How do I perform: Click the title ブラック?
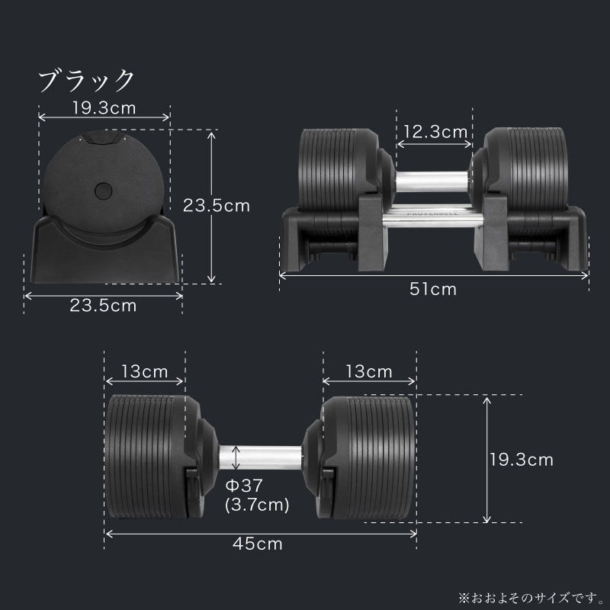pos(86,79)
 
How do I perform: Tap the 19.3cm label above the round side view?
pos(104,108)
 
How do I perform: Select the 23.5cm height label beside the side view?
pos(216,205)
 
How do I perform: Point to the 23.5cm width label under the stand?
pos(103,306)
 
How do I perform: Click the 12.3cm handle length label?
pos(435,132)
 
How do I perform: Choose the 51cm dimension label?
pos(434,289)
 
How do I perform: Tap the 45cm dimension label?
pos(259,544)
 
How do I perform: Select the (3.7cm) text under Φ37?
pos(257,504)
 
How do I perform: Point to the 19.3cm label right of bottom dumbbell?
pos(521,460)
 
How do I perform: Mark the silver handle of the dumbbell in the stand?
pos(432,180)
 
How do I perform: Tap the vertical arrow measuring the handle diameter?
pos(236,457)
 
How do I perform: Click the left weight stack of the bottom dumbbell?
pos(146,460)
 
